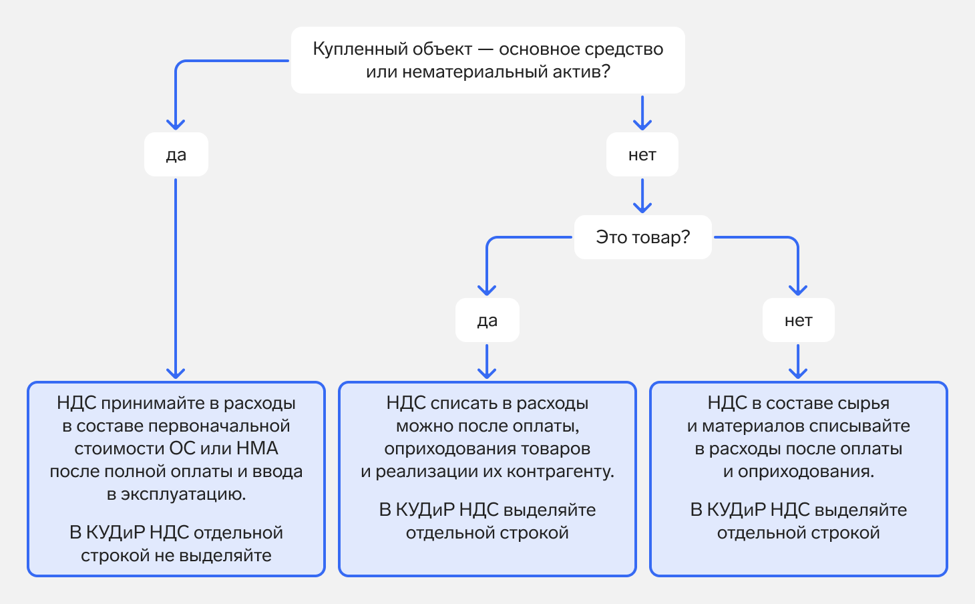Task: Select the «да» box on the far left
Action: (176, 155)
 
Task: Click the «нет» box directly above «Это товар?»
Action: (642, 155)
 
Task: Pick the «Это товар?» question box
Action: (642, 237)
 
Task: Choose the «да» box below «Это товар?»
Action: (487, 321)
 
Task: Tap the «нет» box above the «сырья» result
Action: (798, 321)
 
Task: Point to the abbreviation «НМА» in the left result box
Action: (257, 448)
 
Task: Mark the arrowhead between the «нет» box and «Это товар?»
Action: (642, 206)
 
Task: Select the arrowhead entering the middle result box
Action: (487, 372)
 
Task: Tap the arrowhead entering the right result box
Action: (798, 372)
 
